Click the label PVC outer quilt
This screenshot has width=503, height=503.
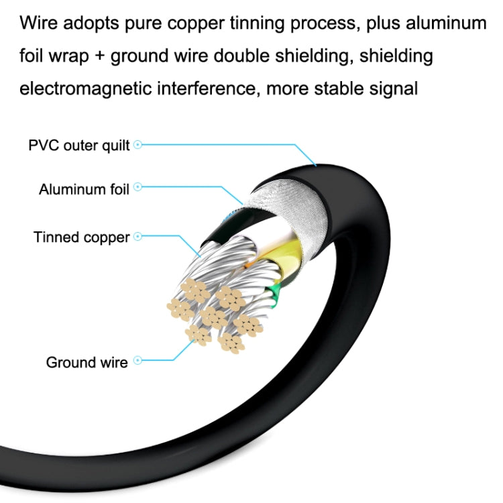[79, 145]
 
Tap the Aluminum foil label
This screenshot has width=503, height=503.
[84, 190]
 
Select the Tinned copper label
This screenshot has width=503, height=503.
[81, 237]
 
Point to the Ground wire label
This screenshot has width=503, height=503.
[87, 363]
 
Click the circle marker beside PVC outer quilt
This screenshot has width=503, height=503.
[137, 144]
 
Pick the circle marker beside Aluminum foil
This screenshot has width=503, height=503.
[137, 189]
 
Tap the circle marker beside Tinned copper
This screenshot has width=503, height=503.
[137, 237]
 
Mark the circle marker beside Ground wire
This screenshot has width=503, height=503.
[137, 361]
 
